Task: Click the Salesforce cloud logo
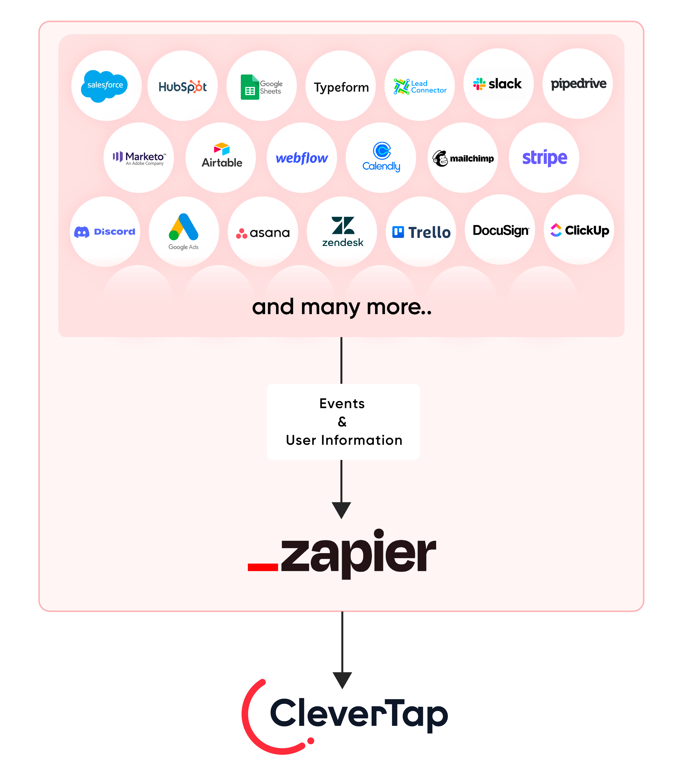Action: coord(104,86)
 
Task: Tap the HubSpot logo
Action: coord(183,87)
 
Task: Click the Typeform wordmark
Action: coord(341,88)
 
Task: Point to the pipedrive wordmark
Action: coord(578,84)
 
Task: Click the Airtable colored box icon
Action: coord(222,149)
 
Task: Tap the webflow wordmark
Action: coord(302,158)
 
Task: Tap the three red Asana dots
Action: coord(241,233)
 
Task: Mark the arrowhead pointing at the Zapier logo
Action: coord(341,509)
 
